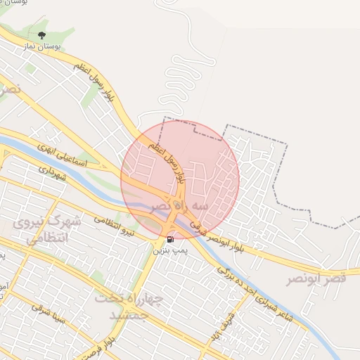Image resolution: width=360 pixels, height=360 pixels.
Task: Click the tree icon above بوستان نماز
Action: (41, 34)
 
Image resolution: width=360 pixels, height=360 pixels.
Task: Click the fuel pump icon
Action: (170, 239)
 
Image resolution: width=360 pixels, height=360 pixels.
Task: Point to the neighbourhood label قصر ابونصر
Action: (316, 279)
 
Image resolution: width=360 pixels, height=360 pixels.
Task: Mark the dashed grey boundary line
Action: (287, 169)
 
